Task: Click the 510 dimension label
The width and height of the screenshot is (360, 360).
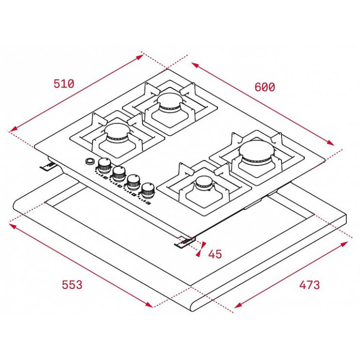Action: point(64,84)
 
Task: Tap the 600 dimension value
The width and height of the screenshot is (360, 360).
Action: point(264,87)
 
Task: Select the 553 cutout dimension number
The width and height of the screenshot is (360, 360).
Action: point(72,284)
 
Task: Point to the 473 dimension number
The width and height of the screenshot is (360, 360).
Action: point(309,285)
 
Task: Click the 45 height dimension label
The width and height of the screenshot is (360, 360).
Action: point(215,254)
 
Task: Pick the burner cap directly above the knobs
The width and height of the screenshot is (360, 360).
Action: point(117,131)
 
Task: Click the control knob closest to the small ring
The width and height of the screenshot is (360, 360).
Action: point(104,165)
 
